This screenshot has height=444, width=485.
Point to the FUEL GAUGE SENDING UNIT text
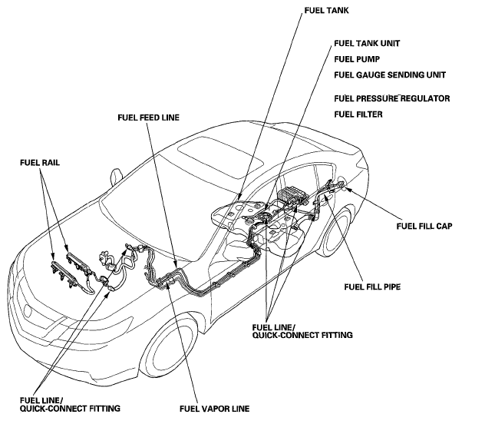click(390, 75)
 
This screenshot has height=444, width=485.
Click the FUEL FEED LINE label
click(150, 118)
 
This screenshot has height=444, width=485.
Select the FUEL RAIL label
click(41, 163)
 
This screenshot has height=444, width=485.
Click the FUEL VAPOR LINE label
click(214, 408)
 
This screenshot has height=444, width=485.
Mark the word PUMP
click(373, 58)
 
